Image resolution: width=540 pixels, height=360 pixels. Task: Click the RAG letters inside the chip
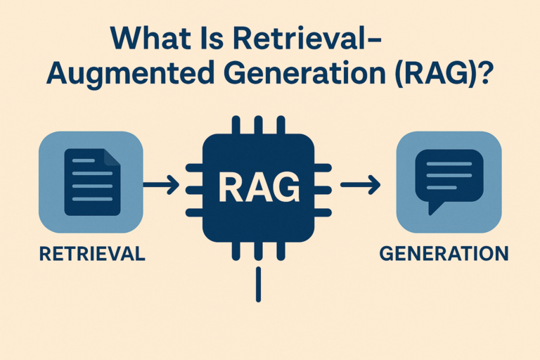coord(258,187)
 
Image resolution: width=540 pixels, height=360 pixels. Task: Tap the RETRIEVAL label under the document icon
coord(93,253)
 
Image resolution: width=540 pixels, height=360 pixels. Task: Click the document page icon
coord(92,182)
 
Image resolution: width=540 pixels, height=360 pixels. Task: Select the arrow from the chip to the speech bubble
coord(360,186)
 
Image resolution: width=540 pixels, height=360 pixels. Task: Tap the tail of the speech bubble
coord(435,207)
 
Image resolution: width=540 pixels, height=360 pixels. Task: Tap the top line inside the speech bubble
coord(449,164)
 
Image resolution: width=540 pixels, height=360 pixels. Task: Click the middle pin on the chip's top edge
coord(259,126)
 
